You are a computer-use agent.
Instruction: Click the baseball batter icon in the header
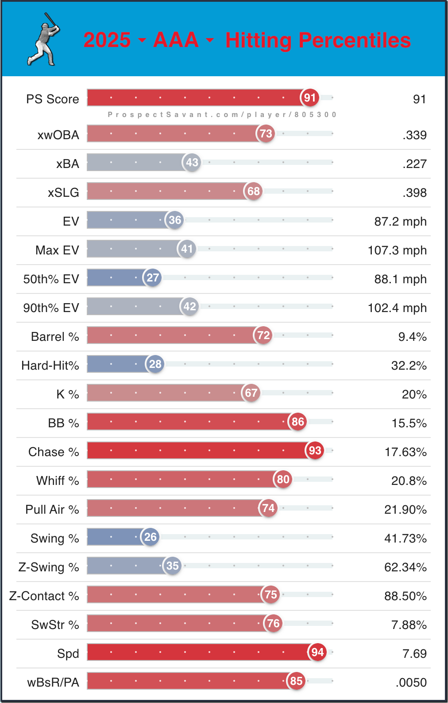click(44, 39)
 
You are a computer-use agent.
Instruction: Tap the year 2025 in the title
click(107, 40)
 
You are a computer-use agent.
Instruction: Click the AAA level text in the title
click(176, 40)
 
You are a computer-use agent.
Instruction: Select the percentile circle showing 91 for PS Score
click(310, 98)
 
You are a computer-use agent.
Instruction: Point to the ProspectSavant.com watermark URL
click(222, 114)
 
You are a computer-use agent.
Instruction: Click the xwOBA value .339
click(414, 135)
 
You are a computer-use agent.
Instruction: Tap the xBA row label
click(68, 164)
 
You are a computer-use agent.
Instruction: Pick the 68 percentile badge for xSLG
click(253, 191)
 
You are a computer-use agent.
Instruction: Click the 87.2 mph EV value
click(400, 222)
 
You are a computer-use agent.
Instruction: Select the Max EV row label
click(57, 250)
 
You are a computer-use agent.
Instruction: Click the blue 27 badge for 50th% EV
click(153, 277)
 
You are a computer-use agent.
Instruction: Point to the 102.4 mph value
click(397, 308)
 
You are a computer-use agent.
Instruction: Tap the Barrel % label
click(55, 337)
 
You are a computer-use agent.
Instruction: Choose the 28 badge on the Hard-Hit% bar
click(155, 364)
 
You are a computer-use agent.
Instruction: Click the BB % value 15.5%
click(409, 423)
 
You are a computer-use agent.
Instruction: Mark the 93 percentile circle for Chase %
click(315, 450)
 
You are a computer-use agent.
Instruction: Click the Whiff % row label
click(58, 481)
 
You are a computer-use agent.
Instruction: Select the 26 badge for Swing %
click(150, 537)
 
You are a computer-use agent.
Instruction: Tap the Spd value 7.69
click(414, 654)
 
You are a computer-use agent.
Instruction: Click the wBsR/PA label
click(53, 683)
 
